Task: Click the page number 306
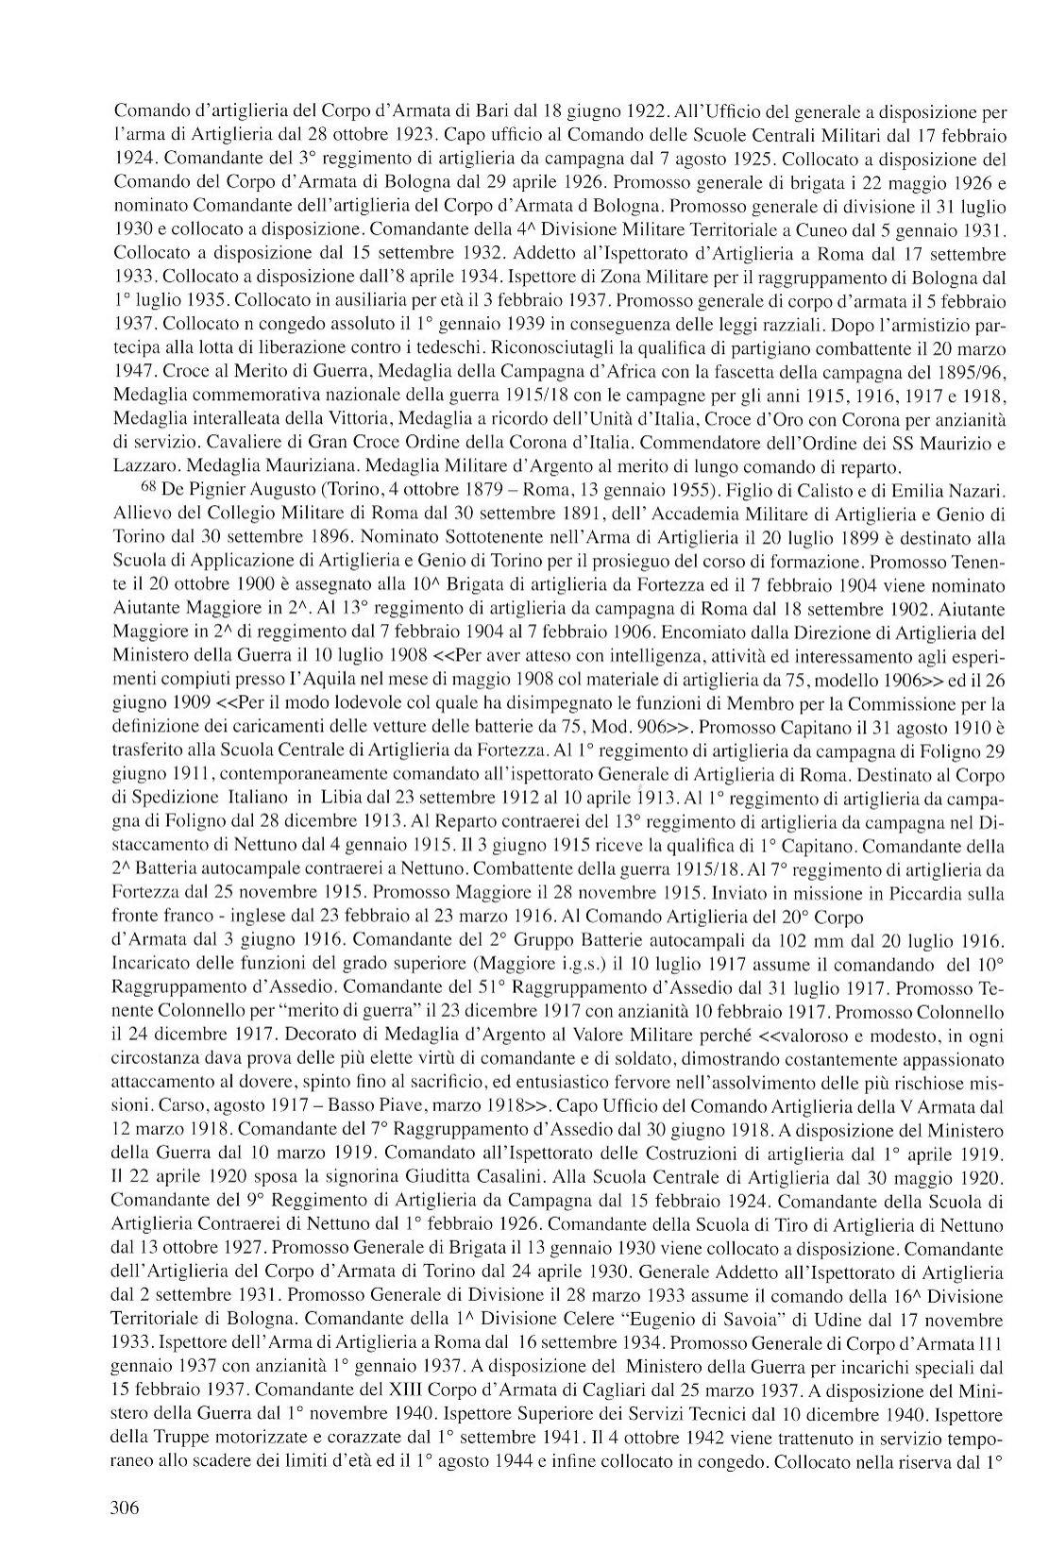pyautogui.click(x=126, y=1508)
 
